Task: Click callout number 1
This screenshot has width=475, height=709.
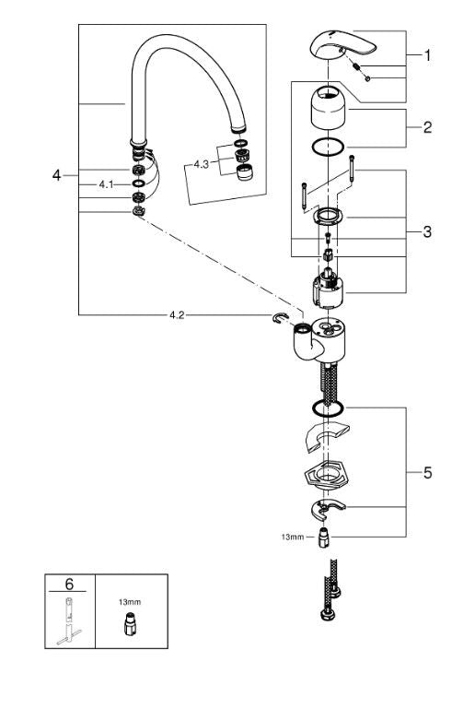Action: click(x=426, y=55)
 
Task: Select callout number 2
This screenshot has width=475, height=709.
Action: click(x=426, y=127)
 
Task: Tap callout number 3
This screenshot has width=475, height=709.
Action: click(x=426, y=231)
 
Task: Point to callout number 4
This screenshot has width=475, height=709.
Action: click(x=57, y=174)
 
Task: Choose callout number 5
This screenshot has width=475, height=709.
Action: click(x=426, y=473)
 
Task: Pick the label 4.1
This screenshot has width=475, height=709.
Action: click(x=107, y=184)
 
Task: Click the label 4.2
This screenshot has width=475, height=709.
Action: click(x=179, y=314)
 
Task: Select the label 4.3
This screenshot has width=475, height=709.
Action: click(x=202, y=164)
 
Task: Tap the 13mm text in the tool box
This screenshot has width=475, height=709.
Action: click(x=129, y=600)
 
